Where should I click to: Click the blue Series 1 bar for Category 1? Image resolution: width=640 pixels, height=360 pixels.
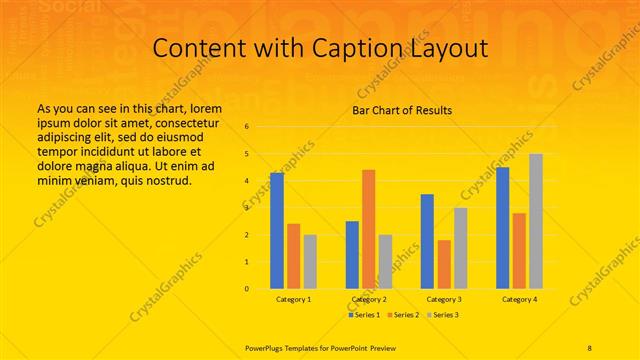click(277, 231)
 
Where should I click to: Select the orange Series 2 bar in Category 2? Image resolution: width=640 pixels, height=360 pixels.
click(369, 229)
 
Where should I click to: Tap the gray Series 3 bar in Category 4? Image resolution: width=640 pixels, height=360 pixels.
click(536, 221)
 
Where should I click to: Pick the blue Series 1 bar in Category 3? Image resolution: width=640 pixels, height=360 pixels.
click(427, 241)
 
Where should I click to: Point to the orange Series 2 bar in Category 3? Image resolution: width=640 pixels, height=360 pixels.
click(444, 264)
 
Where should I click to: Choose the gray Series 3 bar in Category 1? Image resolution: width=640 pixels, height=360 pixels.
click(310, 262)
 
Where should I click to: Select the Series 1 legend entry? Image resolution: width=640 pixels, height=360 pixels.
click(363, 315)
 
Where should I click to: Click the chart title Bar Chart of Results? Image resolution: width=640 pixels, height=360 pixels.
click(402, 110)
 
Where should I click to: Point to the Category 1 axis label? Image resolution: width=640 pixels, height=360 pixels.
click(294, 299)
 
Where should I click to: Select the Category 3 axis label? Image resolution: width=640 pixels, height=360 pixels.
click(444, 299)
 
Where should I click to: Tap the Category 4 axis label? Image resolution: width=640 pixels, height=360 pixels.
click(519, 299)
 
